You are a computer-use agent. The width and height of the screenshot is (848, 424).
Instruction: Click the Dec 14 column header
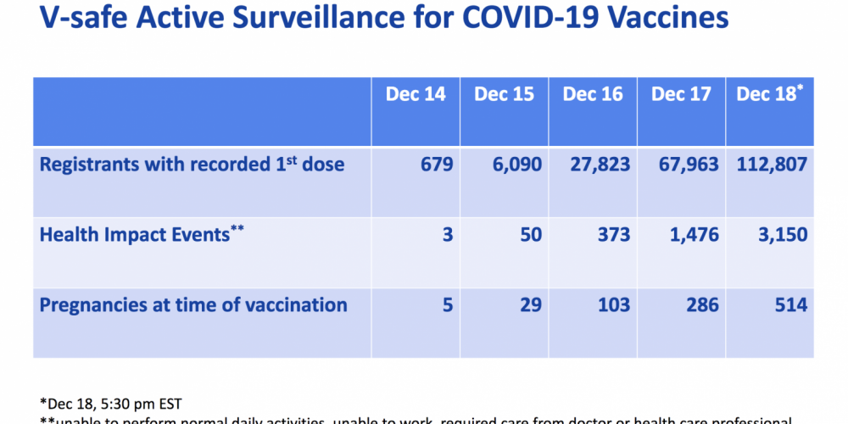(416, 94)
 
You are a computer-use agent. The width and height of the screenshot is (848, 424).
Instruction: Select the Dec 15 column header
(505, 94)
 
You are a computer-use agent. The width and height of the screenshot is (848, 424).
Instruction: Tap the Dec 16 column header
(593, 94)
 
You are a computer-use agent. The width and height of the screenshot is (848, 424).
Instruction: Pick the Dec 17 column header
(682, 94)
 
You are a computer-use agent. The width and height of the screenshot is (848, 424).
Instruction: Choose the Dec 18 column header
(767, 94)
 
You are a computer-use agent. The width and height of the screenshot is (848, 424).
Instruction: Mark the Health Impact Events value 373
(609, 235)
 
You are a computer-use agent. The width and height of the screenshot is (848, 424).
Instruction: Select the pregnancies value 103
(609, 305)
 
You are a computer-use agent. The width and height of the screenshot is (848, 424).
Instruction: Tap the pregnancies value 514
(786, 305)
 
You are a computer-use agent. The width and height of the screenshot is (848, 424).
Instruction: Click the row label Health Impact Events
(136, 235)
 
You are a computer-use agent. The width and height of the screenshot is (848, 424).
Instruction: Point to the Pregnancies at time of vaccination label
(193, 305)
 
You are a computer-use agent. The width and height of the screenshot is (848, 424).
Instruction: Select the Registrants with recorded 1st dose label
(192, 164)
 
